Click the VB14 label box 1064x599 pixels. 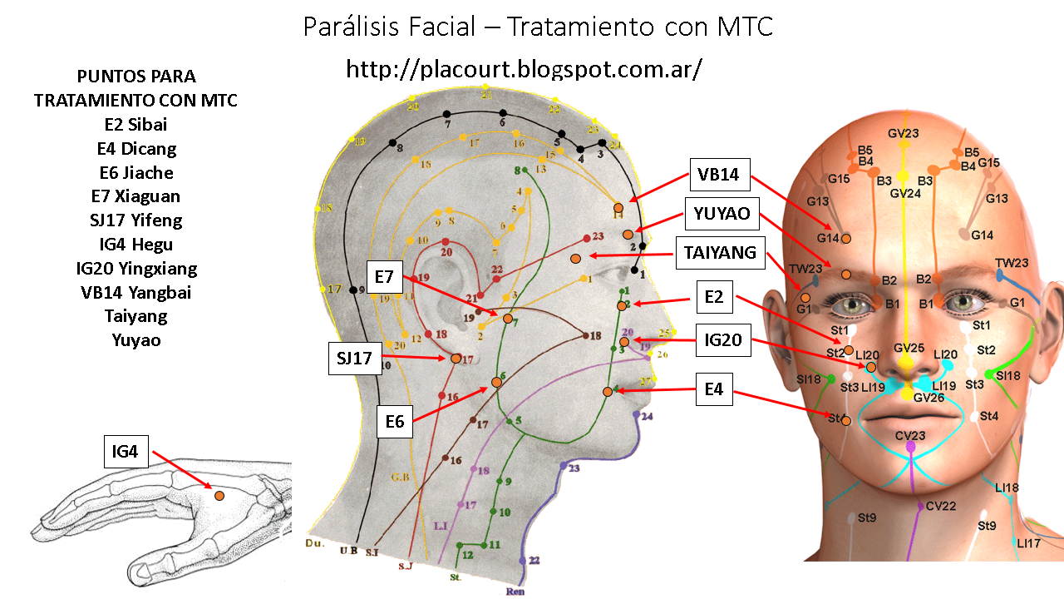point(719,176)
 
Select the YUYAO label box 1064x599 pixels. point(722,214)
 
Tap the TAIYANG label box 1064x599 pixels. point(720,252)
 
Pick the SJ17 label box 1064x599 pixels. point(353,359)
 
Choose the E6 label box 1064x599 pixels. point(394,422)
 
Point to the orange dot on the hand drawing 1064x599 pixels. point(219,496)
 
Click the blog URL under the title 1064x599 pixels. point(524,69)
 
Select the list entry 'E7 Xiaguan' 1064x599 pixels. point(135,196)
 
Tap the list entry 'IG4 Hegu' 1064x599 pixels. point(135,245)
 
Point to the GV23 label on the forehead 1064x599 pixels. point(903,134)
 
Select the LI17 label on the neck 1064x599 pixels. point(1029,543)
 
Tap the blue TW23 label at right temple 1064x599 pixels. point(1012,263)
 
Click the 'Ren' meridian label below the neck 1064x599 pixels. point(515,592)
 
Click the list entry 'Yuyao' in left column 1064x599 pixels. point(135,340)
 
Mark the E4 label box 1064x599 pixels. point(713,389)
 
